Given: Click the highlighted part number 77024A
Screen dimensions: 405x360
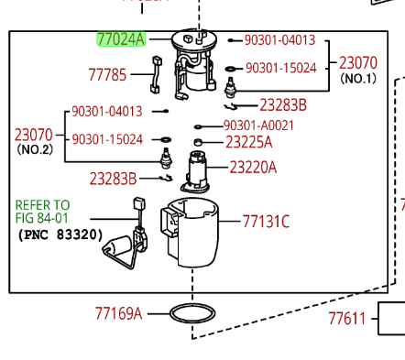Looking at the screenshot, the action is tap(121, 39).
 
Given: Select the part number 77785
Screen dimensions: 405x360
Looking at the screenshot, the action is tap(107, 75).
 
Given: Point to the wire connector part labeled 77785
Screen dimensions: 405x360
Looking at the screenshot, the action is tap(156, 75).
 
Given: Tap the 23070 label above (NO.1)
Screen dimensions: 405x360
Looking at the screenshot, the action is tap(358, 63).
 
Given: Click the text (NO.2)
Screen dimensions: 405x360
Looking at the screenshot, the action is tap(35, 149).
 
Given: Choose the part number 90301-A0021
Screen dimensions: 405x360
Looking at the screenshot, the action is tap(258, 125).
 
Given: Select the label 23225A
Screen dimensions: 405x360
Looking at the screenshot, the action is tap(248, 142).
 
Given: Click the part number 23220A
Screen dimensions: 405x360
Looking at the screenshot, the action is tap(253, 168).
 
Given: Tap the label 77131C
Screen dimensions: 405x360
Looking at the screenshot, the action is tap(266, 222).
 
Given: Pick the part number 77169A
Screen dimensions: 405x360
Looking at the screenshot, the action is tap(118, 313).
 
